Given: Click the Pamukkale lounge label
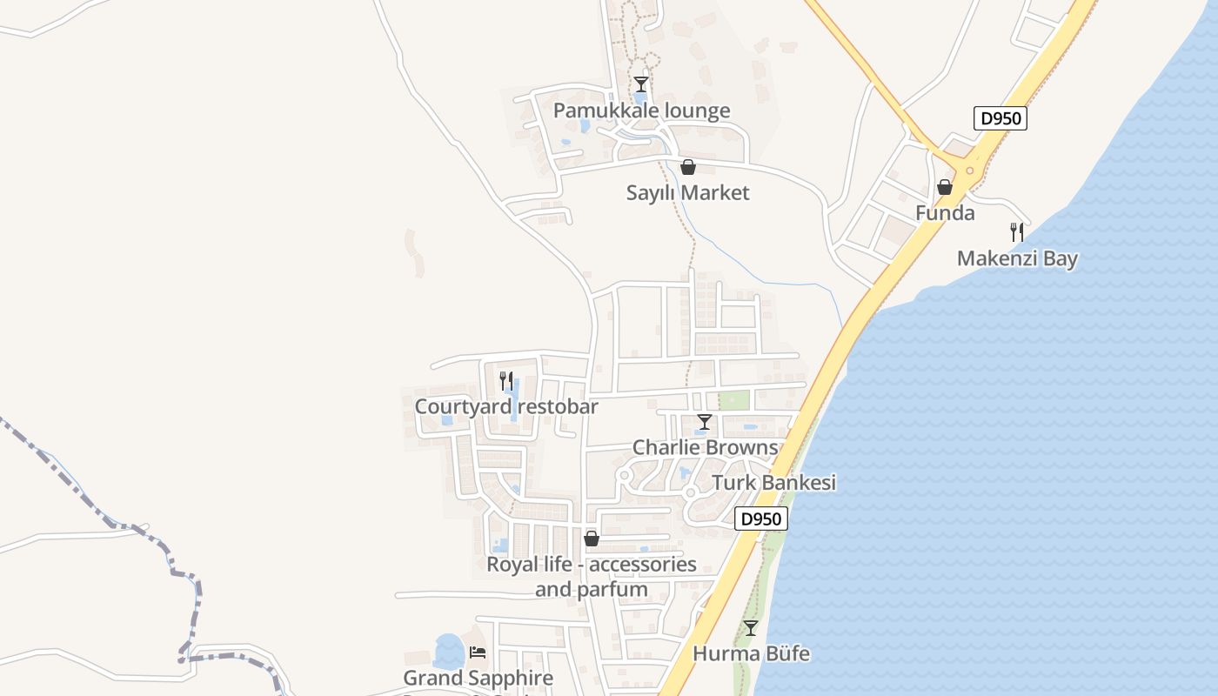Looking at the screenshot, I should [x=641, y=110].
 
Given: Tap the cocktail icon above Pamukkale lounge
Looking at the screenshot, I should [x=641, y=84].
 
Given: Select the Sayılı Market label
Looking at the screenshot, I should [x=687, y=192].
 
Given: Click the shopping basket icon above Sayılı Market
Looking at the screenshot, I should [x=688, y=167].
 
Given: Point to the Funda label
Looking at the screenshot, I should [x=945, y=213].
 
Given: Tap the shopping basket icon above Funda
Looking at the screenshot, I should [x=945, y=187].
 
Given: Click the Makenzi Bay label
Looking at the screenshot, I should [x=1017, y=258].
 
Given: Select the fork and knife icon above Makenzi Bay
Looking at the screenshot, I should [x=1017, y=232].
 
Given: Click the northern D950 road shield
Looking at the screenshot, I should [x=1000, y=118].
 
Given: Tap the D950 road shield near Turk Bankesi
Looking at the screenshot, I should [x=761, y=519].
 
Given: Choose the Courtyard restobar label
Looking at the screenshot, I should [x=506, y=406].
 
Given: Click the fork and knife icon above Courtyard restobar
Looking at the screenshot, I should [x=506, y=380].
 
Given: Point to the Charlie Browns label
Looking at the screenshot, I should [x=705, y=447].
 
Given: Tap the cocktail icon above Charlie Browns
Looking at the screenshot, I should [x=705, y=422].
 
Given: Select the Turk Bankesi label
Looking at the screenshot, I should [x=773, y=483].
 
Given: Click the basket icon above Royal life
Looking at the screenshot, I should [x=592, y=539].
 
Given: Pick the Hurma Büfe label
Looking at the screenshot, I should [x=751, y=652].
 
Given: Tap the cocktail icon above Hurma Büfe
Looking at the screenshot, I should [x=751, y=627].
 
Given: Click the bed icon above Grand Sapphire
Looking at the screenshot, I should [x=478, y=652].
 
